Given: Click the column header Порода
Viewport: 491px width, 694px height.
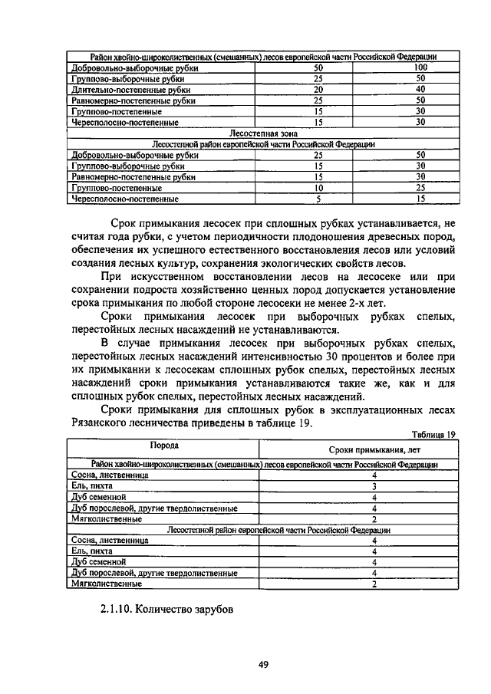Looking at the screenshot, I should pyautogui.click(x=164, y=445).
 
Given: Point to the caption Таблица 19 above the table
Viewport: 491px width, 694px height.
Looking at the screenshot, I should pyautogui.click(x=433, y=434).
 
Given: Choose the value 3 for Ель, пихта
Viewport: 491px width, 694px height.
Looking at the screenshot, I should pyautogui.click(x=374, y=486).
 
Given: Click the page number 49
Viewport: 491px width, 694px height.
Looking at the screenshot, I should pyautogui.click(x=262, y=664).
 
